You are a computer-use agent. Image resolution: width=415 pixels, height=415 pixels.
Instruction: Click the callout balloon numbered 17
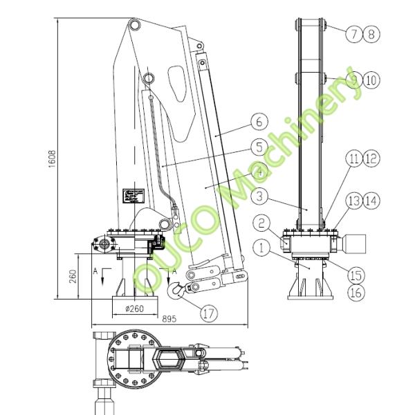(x=208, y=312)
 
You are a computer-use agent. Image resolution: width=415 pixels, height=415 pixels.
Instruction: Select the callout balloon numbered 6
(x=259, y=122)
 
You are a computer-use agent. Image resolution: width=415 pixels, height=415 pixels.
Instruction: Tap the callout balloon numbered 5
(x=259, y=147)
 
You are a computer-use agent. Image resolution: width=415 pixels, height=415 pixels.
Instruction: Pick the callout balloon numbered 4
(x=259, y=172)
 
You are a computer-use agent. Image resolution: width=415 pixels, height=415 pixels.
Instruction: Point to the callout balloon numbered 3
(x=259, y=196)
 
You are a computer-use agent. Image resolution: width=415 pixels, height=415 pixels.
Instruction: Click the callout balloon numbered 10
(x=371, y=80)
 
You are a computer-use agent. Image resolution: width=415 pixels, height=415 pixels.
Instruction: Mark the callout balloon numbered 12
(x=371, y=159)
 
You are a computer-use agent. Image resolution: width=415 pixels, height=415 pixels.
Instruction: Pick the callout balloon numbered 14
(x=371, y=201)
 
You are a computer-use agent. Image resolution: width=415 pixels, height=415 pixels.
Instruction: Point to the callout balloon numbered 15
(x=356, y=275)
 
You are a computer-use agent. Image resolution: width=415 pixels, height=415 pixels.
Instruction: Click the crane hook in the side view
(x=174, y=290)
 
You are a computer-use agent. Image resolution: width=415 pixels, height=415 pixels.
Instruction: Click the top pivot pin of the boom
(x=135, y=26)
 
